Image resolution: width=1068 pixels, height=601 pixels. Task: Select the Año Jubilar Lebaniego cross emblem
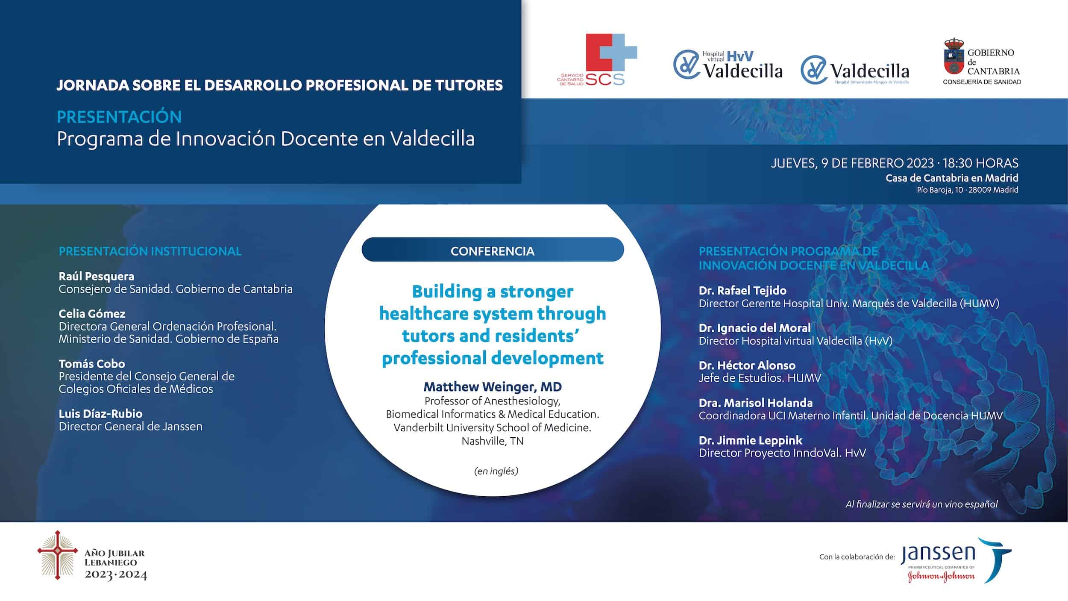click(x=58, y=555)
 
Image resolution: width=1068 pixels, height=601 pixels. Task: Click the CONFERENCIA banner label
click(x=493, y=251)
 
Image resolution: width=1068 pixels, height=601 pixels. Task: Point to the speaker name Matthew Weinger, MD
click(x=493, y=387)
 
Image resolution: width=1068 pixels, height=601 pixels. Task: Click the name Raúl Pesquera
click(x=97, y=276)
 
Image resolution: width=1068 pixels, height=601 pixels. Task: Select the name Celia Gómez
click(x=92, y=314)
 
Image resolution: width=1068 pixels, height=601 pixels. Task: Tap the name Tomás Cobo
click(x=92, y=364)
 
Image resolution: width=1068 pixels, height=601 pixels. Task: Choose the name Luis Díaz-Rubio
click(x=101, y=414)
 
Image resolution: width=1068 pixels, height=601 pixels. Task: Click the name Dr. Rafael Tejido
click(x=742, y=291)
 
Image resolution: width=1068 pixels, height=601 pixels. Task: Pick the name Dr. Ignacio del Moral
click(x=755, y=328)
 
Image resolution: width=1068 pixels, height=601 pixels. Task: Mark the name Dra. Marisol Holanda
click(x=756, y=403)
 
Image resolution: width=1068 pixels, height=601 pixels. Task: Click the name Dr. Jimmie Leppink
click(x=751, y=440)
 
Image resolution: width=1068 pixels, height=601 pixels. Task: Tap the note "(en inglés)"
click(x=496, y=471)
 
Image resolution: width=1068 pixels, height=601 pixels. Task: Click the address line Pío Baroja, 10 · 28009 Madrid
click(x=968, y=190)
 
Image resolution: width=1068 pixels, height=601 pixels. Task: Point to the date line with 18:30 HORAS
click(x=895, y=163)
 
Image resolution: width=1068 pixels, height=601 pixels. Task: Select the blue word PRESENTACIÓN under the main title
click(x=119, y=117)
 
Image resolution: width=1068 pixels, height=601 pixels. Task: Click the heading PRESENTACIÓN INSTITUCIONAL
click(x=150, y=251)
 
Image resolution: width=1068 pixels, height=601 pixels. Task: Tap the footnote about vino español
click(x=921, y=504)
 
